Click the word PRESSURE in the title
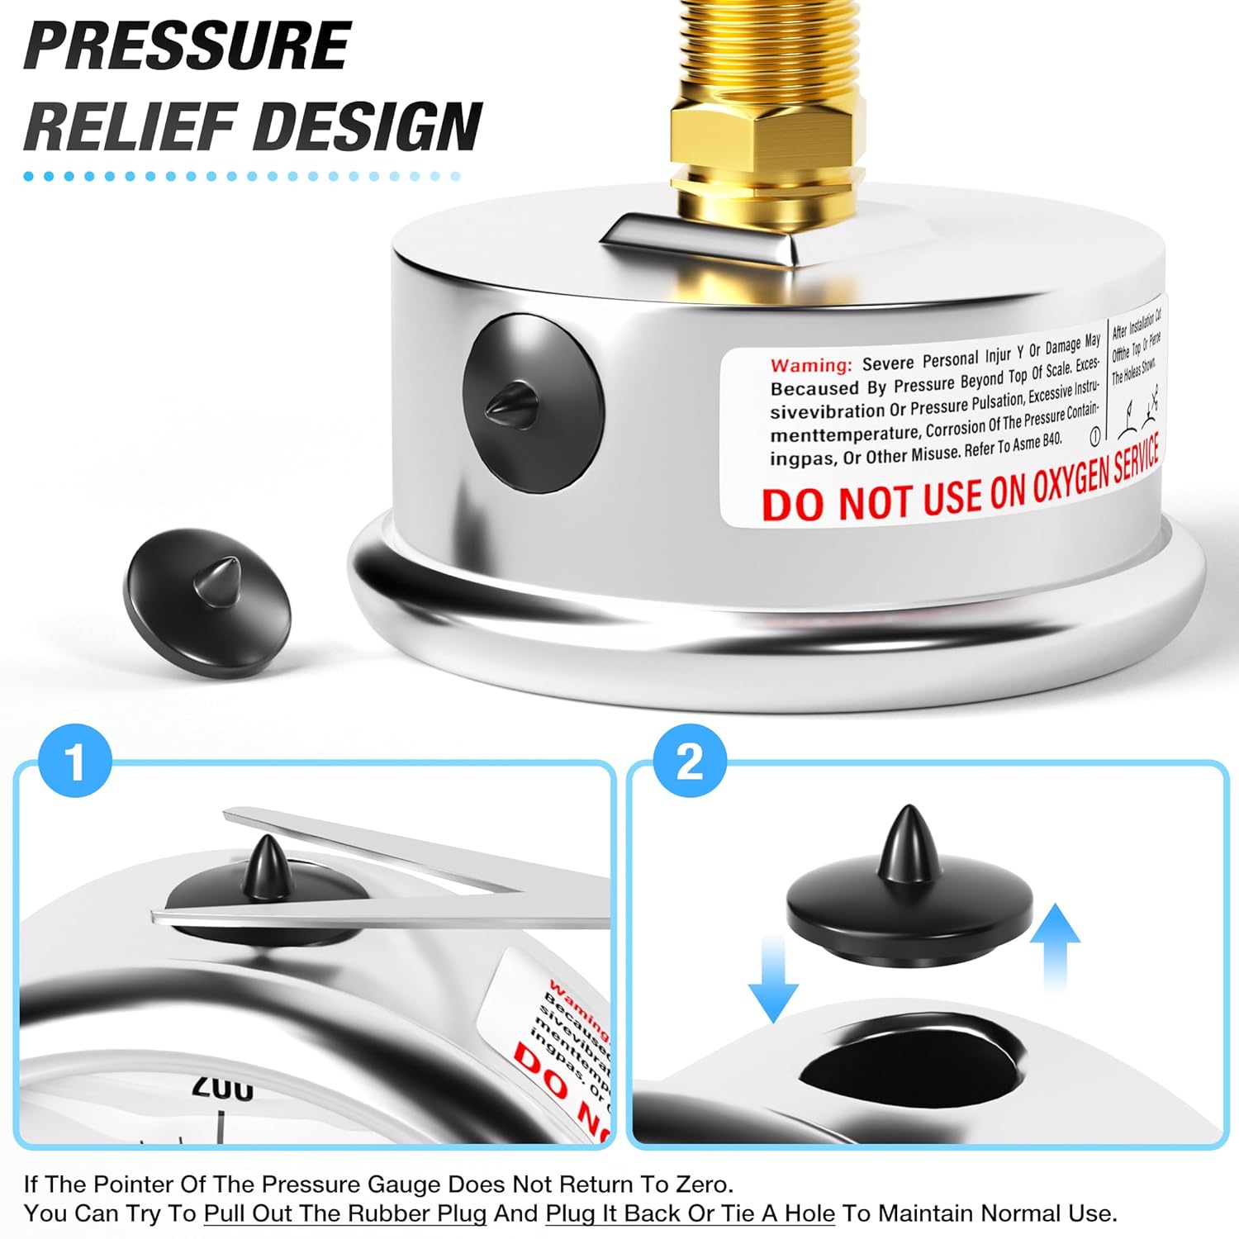tap(188, 46)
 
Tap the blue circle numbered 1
tap(75, 761)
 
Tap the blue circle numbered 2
tap(690, 761)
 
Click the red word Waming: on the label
tap(810, 365)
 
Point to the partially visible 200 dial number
tap(223, 1089)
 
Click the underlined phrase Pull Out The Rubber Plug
tap(345, 1213)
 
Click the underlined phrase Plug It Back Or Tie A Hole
tap(691, 1213)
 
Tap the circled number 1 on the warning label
tap(1095, 435)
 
